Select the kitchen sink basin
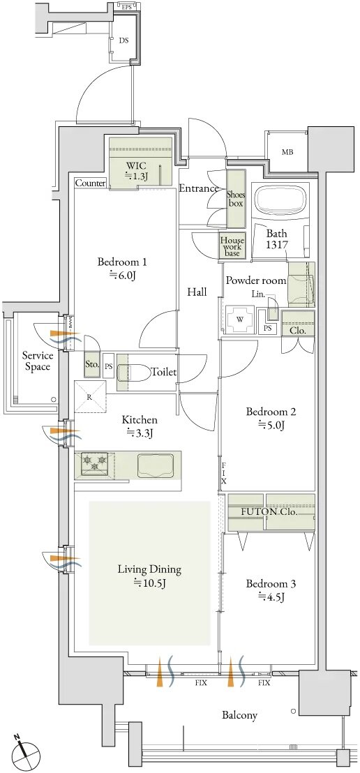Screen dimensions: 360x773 156,464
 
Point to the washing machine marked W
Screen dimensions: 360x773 240,319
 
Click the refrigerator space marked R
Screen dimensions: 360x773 90,396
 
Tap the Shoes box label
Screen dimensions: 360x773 236,198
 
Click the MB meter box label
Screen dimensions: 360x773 287,152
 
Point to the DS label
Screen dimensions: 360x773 123,40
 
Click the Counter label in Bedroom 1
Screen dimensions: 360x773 90,183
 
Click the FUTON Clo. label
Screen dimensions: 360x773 269,511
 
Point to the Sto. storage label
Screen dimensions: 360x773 92,365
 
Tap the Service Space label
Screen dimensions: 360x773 38,361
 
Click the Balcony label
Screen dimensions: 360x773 240,715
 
